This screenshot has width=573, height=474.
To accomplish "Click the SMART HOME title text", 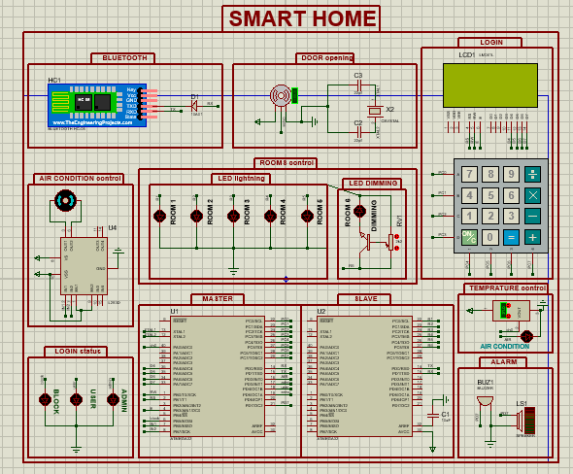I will (302, 18).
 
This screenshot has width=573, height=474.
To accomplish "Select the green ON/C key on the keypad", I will (468, 236).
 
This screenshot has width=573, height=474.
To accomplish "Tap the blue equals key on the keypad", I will (511, 236).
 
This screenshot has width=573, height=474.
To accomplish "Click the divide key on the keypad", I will (532, 175).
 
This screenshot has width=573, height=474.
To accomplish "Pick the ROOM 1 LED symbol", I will (159, 217).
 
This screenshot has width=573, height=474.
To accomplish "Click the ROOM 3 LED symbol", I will (233, 217).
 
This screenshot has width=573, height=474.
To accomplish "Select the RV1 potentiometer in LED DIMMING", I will (393, 241).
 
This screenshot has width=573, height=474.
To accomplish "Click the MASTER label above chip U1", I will (217, 298).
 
